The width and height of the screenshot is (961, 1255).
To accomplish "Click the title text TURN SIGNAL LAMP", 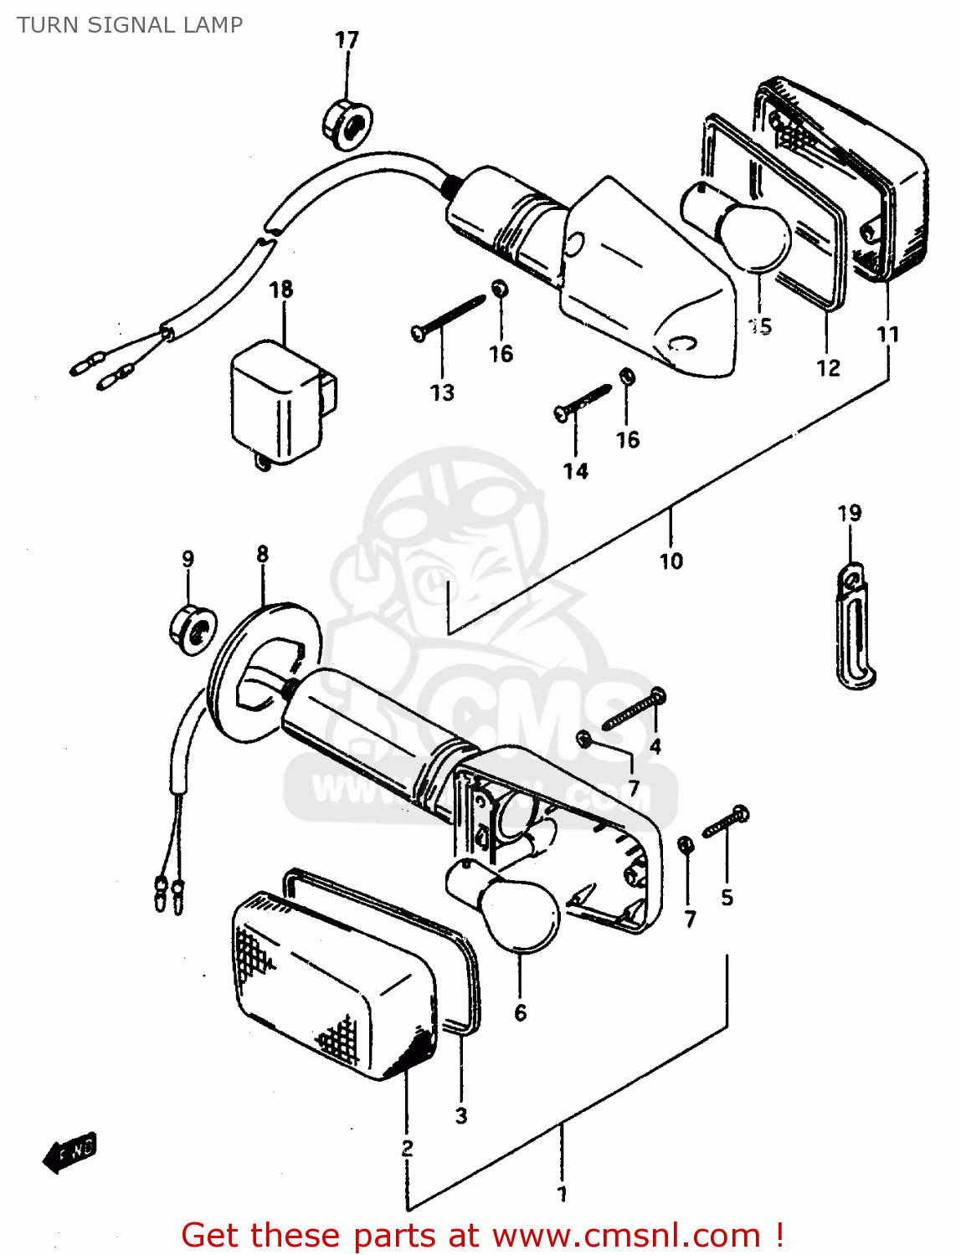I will [x=130, y=25].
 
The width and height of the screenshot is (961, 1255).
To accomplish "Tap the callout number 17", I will [x=347, y=40].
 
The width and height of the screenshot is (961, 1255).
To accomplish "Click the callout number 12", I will [x=828, y=368].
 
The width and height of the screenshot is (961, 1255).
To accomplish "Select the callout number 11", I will [x=887, y=335].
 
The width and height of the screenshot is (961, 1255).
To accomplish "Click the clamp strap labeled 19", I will [x=854, y=627].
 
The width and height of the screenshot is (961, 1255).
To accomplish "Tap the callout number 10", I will [x=671, y=561].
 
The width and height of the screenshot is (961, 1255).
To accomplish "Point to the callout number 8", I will [x=263, y=554].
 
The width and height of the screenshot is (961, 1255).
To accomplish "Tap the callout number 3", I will [x=461, y=1115].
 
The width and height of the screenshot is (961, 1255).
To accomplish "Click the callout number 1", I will [x=562, y=1194].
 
